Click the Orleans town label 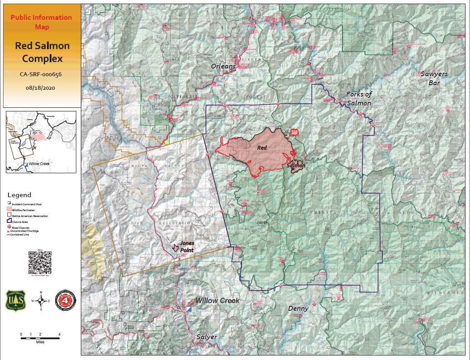pyautogui.click(x=223, y=66)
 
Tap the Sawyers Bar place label pyautogui.click(x=433, y=78)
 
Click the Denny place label pyautogui.click(x=298, y=309)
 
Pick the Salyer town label pyautogui.click(x=206, y=337)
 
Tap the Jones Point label pyautogui.click(x=187, y=246)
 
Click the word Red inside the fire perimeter pyautogui.click(x=262, y=148)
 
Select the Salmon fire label pyautogui.click(x=296, y=166)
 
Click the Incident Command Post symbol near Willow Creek pyautogui.click(x=189, y=309)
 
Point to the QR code pyautogui.click(x=40, y=262)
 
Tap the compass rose pyautogui.click(x=41, y=300)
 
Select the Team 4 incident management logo pyautogui.click(x=65, y=301)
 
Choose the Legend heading pyautogui.click(x=19, y=195)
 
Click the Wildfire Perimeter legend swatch pyautogui.click(x=10, y=210)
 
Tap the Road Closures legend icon pyautogui.click(x=10, y=228)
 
